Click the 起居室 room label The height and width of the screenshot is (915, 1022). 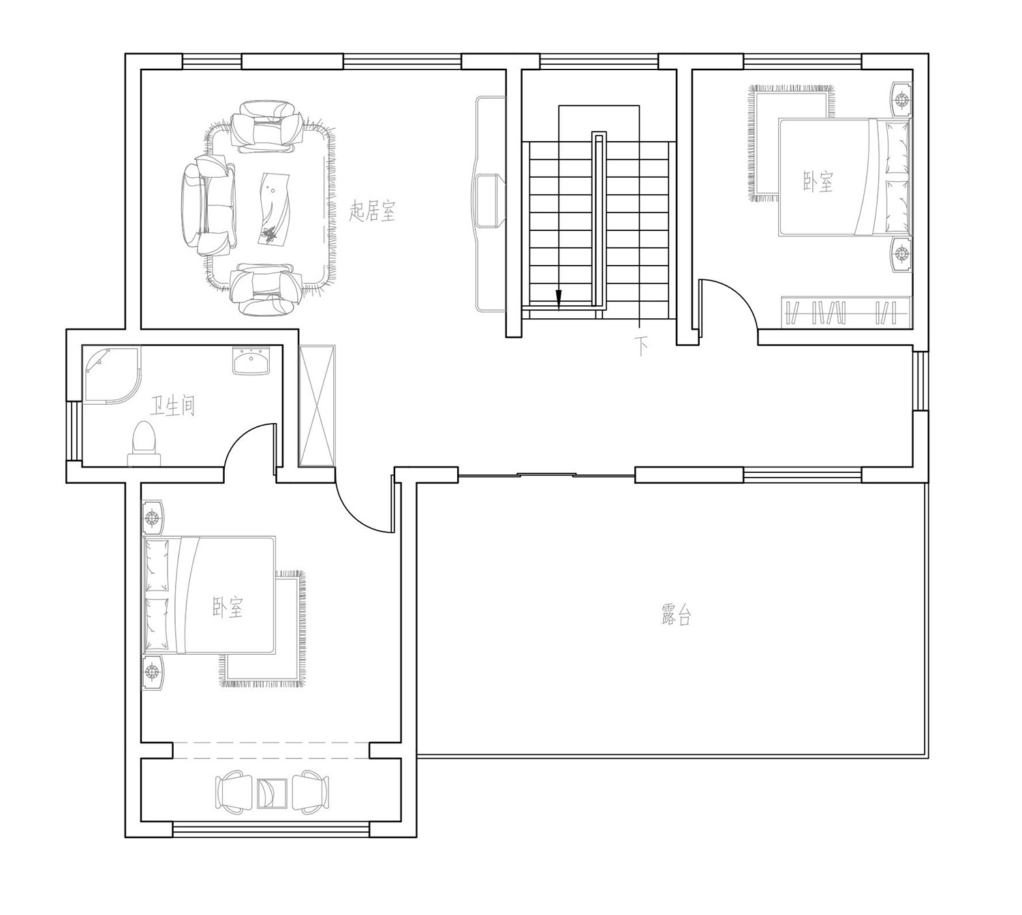tap(372, 212)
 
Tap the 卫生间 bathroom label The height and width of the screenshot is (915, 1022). tap(172, 406)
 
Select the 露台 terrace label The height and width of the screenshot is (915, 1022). tap(675, 615)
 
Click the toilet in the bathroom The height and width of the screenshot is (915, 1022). tap(144, 444)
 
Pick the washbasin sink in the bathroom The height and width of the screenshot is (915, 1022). tap(251, 360)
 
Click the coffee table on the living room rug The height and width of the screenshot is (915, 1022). tap(275, 209)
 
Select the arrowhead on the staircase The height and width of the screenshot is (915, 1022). tap(559, 298)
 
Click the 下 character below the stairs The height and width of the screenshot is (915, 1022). tap(640, 346)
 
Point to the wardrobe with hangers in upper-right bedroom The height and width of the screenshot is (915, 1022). tap(846, 313)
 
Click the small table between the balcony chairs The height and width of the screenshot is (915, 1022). tap(272, 794)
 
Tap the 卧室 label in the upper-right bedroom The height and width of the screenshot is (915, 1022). tap(818, 182)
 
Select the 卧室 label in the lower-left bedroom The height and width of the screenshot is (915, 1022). tap(228, 608)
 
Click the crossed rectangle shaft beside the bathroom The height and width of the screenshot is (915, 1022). tap(317, 406)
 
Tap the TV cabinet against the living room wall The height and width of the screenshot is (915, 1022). tap(490, 203)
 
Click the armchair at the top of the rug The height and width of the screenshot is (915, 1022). tap(267, 127)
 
